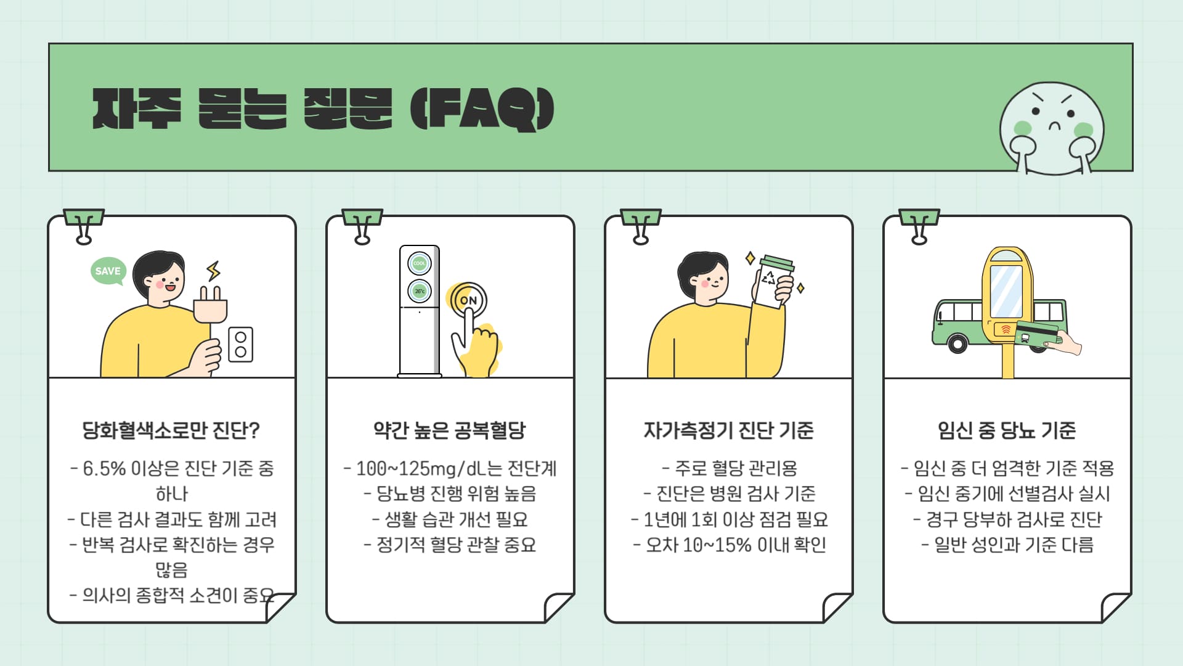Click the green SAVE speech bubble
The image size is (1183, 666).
pos(108,271)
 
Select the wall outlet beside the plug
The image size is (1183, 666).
pos(240,344)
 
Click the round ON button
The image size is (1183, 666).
pos(468,300)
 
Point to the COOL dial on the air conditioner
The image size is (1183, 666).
pos(420,263)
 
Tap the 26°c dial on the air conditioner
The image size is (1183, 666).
pos(420,291)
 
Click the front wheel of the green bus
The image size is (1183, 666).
pos(957,343)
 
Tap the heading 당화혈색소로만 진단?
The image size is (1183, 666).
pos(171,430)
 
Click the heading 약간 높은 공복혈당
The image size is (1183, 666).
pos(450,430)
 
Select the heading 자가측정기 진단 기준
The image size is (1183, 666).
pos(728,430)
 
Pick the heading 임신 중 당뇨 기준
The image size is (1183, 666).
pos(1007,430)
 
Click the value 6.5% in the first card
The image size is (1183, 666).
pos(104,469)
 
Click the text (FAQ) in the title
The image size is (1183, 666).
pos(482,109)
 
